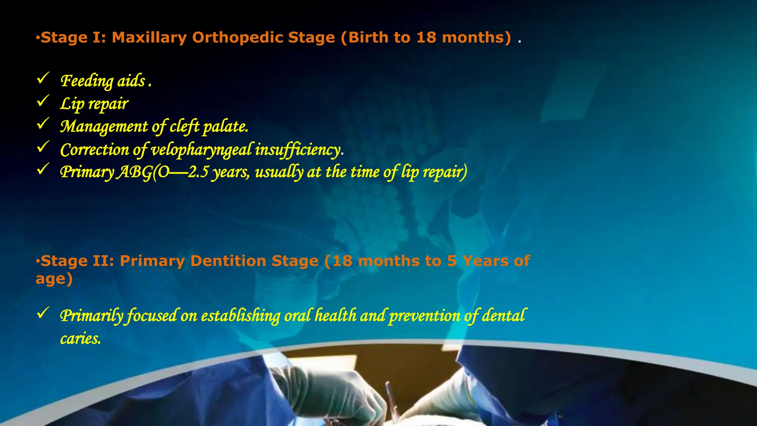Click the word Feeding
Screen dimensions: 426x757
pos(87,81)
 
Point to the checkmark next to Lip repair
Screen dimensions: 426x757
pos(43,101)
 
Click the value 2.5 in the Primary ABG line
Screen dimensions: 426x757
pos(198,172)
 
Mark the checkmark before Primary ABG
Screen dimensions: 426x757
pos(43,169)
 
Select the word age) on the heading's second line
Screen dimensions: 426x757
pos(54,279)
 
